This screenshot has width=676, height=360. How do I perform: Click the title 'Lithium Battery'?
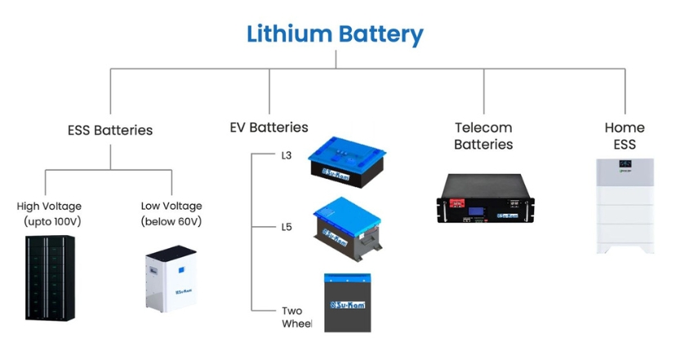click(x=336, y=34)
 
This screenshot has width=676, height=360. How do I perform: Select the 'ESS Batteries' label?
click(x=110, y=130)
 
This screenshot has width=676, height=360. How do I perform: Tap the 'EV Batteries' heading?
click(x=269, y=127)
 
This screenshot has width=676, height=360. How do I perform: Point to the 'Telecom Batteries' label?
click(x=483, y=136)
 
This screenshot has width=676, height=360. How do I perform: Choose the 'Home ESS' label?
click(x=625, y=136)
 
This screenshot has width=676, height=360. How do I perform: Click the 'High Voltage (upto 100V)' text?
click(x=49, y=214)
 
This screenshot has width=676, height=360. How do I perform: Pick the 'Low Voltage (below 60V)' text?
click(x=171, y=214)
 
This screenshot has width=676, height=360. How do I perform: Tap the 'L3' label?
click(x=287, y=155)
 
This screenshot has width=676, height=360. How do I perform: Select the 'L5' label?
click(x=287, y=227)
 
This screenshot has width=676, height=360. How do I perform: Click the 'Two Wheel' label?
click(x=291, y=317)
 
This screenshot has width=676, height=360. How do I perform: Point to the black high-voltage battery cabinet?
click(x=50, y=278)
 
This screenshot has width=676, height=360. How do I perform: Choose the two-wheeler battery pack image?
click(x=347, y=303)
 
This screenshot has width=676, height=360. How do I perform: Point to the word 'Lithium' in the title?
click(x=290, y=34)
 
